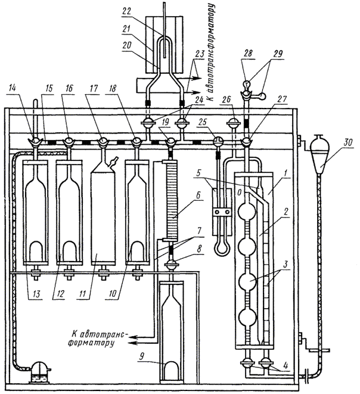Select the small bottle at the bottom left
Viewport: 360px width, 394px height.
point(39,370)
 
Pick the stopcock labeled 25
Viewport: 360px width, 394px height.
point(218,142)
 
